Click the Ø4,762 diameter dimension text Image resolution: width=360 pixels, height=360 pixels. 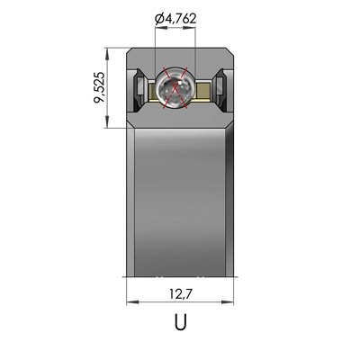pos(177,18)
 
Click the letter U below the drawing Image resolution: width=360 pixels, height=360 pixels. pos(180,321)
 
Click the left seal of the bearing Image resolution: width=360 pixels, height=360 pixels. pos(140,88)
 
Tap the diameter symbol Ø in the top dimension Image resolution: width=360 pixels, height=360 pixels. pos(159,18)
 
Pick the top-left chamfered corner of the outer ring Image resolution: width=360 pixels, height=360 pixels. pos(130,52)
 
